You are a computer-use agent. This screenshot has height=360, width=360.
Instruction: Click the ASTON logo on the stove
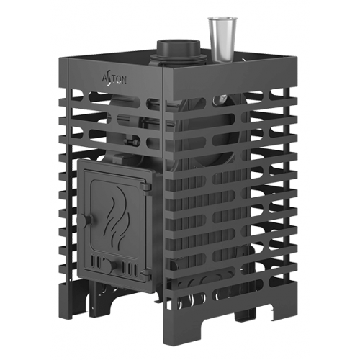(x=114, y=79)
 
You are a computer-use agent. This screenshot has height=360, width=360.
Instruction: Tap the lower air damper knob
(x=110, y=266)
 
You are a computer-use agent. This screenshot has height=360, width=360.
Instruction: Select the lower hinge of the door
(x=146, y=274)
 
